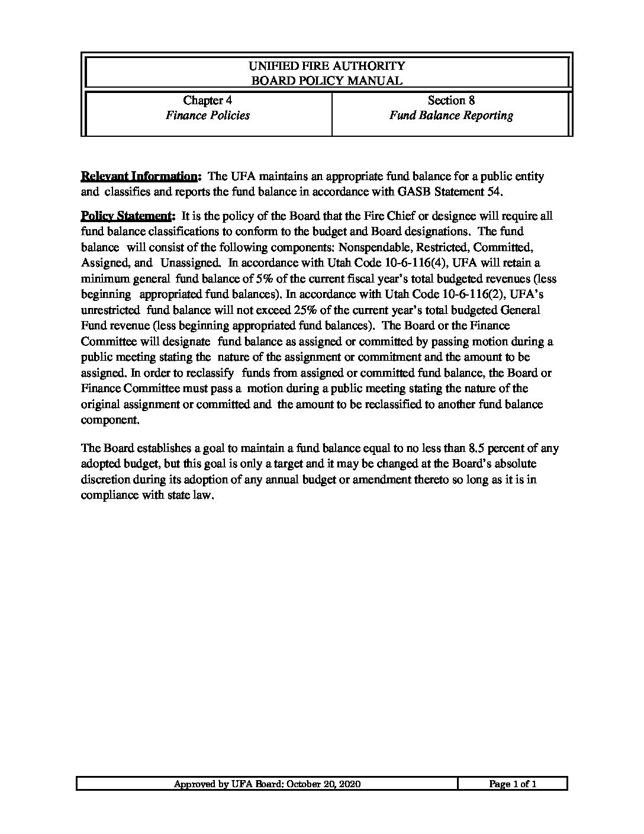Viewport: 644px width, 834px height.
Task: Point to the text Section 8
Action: [451, 101]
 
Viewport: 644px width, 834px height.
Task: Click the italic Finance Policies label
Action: [207, 116]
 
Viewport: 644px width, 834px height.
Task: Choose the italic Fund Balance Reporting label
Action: [451, 116]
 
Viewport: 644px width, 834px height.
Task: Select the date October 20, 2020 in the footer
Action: [324, 784]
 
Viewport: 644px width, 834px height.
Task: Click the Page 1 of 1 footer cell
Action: [513, 784]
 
